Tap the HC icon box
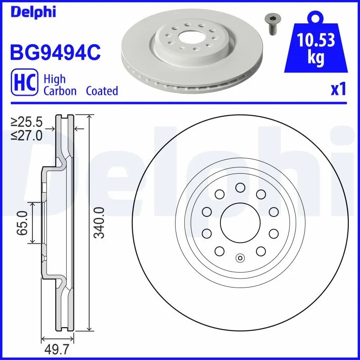pos(23,85)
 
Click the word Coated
pos(102,91)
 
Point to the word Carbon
pos(59,91)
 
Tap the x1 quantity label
pos(338,90)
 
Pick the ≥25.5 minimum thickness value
pos(27,121)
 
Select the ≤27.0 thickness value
pos(27,135)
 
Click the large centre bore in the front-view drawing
pos(240,222)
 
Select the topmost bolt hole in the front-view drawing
pos(240,187)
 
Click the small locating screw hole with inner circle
pos(240,258)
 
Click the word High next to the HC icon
pos(54,79)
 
